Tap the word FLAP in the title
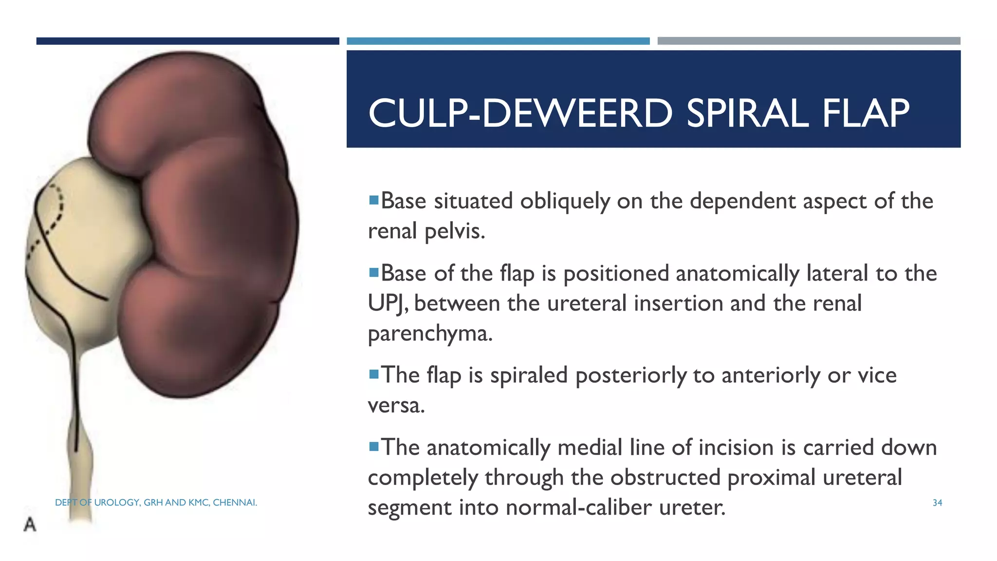(866, 113)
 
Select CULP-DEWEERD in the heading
(520, 113)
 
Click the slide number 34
(937, 503)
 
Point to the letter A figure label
(30, 524)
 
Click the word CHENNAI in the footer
(235, 503)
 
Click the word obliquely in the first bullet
(565, 201)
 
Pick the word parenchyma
(430, 334)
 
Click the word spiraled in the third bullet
(529, 375)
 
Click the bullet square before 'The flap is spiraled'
(373, 374)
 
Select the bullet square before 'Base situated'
(373, 200)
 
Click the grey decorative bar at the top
(809, 41)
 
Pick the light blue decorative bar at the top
(498, 41)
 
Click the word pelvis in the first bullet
(455, 231)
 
